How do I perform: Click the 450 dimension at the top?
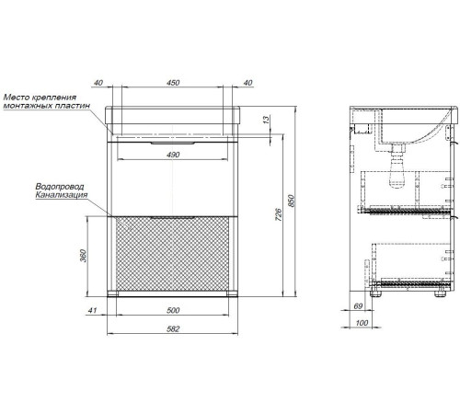(173, 83)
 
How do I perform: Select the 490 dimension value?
(173, 155)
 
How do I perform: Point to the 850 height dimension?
(292, 201)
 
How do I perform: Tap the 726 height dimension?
(279, 214)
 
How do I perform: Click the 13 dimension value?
(267, 119)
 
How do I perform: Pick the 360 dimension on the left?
(83, 256)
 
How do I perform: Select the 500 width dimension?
(173, 310)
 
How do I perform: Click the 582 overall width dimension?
(173, 329)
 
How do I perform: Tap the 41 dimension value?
(92, 310)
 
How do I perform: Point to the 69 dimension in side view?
(358, 305)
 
